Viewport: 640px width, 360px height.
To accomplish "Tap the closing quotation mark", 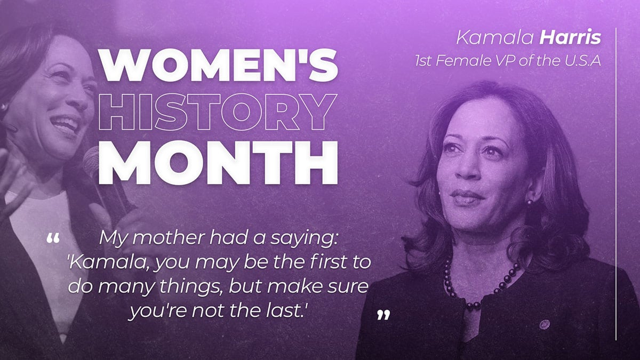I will point(383,315).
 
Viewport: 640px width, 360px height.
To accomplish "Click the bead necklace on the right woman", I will point(480,288).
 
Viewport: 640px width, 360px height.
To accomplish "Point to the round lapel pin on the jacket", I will point(544,324).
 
